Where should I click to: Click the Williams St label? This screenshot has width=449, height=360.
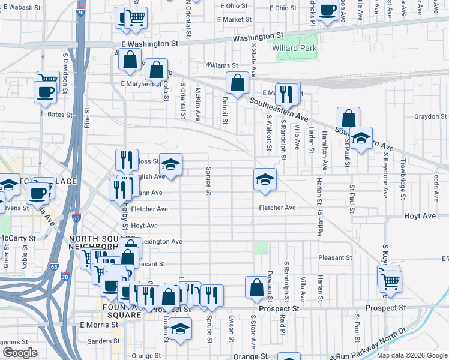point(221,65)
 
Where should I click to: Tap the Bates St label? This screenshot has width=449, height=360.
point(60,115)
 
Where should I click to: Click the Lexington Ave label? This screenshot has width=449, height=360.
point(161,242)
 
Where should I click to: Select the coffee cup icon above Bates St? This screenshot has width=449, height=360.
point(46,92)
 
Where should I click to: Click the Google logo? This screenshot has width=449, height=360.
point(20,353)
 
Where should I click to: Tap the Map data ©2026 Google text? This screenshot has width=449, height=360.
point(412,355)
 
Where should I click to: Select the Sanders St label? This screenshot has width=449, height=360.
point(101,342)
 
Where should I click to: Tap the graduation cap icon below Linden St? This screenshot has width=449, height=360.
point(180,329)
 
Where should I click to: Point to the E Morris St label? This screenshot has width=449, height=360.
point(100,325)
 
